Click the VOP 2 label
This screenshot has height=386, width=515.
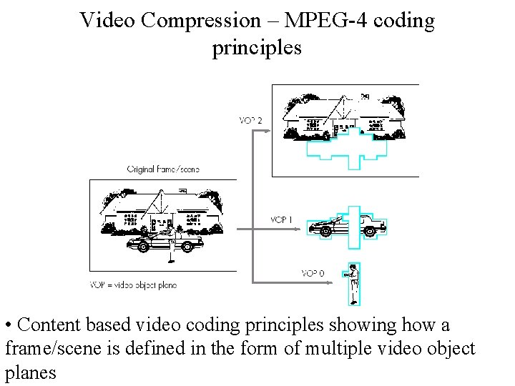coord(250,120)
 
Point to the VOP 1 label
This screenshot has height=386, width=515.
coord(281,219)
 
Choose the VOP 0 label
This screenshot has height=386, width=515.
coord(312,273)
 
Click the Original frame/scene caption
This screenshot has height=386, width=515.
coord(163,169)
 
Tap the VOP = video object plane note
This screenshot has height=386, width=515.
coord(133,285)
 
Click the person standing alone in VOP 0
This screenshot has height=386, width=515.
coord(352,282)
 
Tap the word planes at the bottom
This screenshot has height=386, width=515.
coord(31,373)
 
